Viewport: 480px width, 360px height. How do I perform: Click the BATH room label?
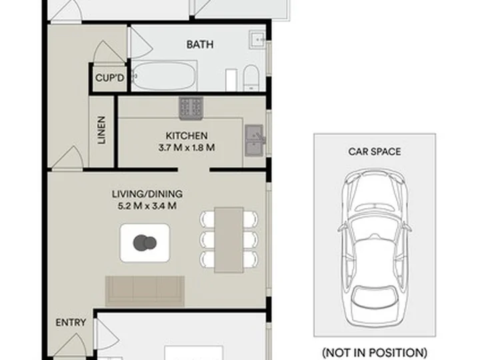tap(200, 45)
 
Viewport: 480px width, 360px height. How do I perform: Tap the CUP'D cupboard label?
tap(109, 78)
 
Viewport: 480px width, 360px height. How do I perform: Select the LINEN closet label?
tap(101, 130)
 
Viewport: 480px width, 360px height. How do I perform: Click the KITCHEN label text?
tap(187, 135)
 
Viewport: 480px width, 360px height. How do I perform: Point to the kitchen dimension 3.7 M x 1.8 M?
tap(187, 148)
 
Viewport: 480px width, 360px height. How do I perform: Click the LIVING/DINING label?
tap(147, 194)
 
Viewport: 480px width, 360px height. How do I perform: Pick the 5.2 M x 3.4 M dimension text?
tap(147, 206)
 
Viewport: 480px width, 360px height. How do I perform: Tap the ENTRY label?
tap(71, 323)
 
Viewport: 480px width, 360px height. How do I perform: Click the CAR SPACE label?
tap(375, 151)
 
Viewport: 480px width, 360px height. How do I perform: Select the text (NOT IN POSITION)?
tap(375, 353)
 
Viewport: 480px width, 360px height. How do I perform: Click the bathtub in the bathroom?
tap(164, 76)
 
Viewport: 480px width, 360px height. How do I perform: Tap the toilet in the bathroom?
tap(251, 78)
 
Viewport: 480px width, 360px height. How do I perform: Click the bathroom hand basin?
tap(257, 39)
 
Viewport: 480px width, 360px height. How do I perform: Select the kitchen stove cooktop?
tap(191, 108)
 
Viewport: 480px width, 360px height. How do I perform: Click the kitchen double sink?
tap(255, 140)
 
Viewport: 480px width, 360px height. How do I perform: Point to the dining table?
tap(229, 240)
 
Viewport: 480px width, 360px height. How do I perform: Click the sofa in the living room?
tap(145, 291)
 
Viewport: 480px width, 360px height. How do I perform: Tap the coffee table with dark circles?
tap(145, 243)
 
